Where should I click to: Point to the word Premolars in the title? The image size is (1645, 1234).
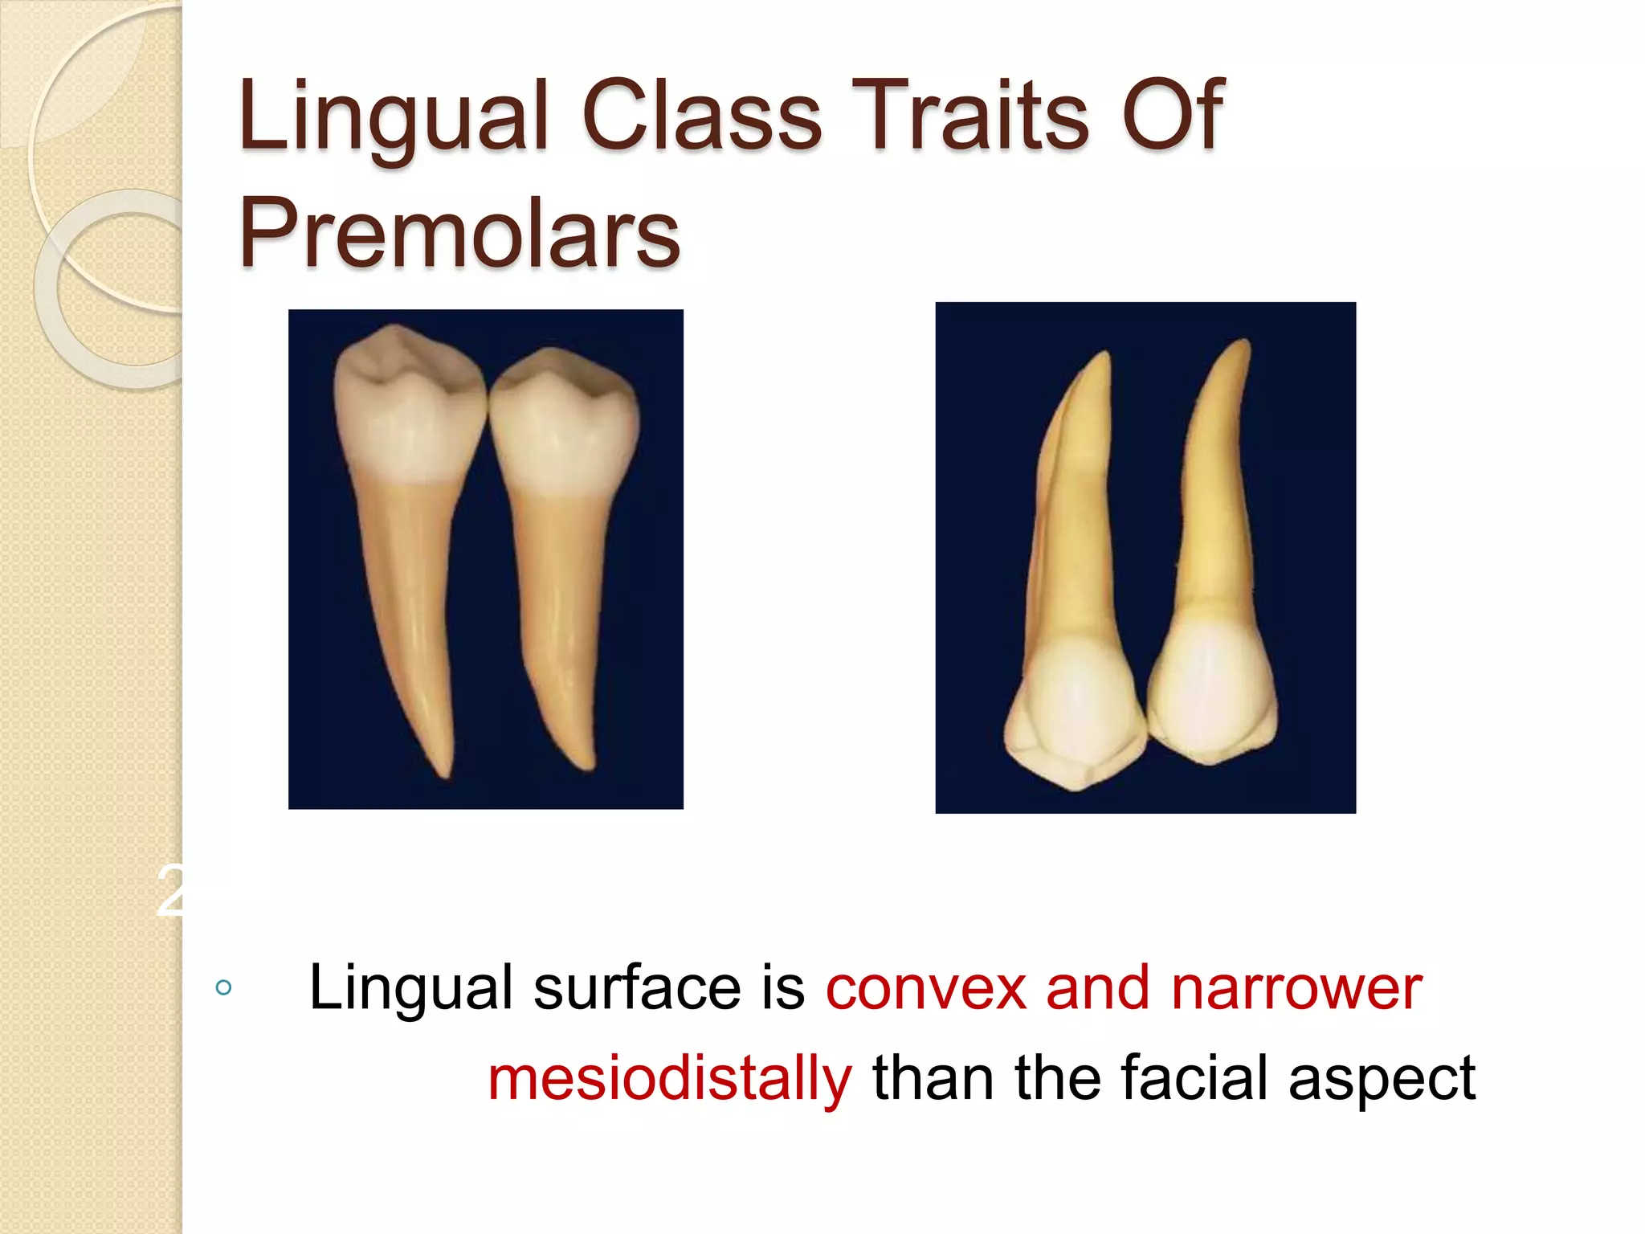[x=459, y=233]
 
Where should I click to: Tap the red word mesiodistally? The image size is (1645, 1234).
[x=669, y=1078]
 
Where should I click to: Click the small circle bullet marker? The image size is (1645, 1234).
[x=224, y=987]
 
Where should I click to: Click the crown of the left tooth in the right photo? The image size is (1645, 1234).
[x=1072, y=707]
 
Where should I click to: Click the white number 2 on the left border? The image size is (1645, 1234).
[x=169, y=892]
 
